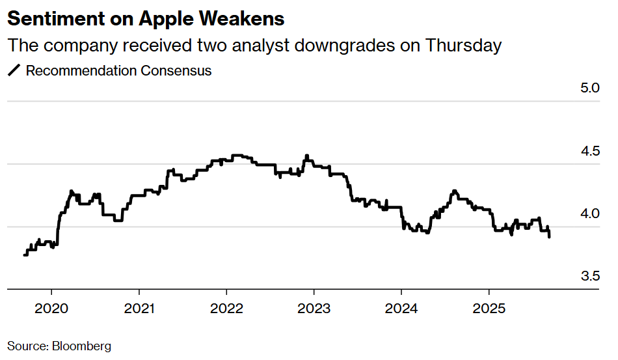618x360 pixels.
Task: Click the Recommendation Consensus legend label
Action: pyautogui.click(x=118, y=71)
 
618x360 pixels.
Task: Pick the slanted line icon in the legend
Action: pyautogui.click(x=14, y=71)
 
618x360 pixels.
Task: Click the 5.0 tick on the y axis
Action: pyautogui.click(x=589, y=88)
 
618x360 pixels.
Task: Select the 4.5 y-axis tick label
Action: pyautogui.click(x=589, y=151)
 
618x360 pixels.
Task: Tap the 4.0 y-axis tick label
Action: pyautogui.click(x=589, y=214)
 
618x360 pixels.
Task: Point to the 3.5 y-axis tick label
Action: pyautogui.click(x=589, y=276)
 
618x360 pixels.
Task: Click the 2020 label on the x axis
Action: pyautogui.click(x=51, y=307)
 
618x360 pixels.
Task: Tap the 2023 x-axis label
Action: pyautogui.click(x=314, y=307)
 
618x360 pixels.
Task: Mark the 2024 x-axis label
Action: pyautogui.click(x=401, y=307)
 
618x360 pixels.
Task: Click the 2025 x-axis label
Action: pyautogui.click(x=489, y=307)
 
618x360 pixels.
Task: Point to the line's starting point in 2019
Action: pyautogui.click(x=25, y=255)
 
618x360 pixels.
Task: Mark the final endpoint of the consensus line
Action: pyautogui.click(x=550, y=237)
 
